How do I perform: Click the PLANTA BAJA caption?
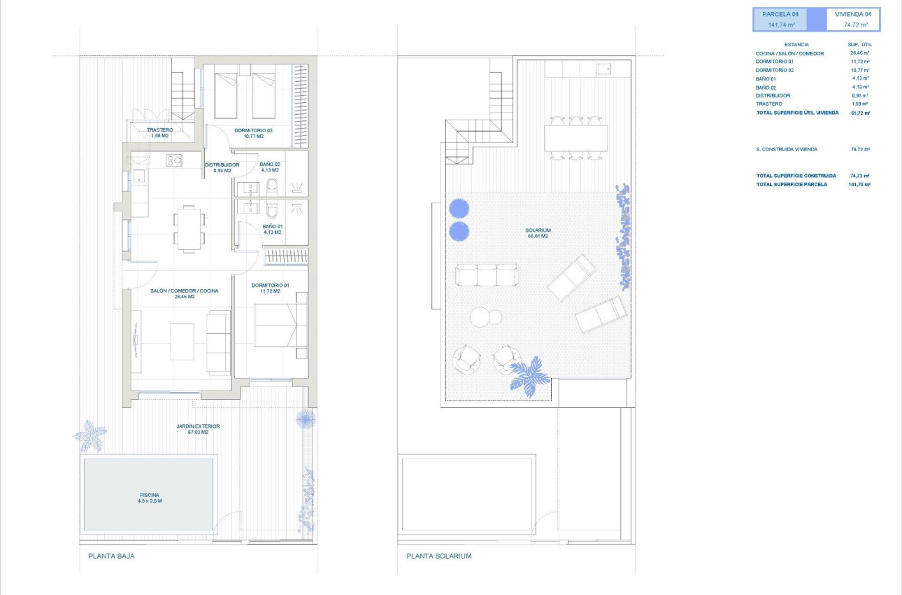(111, 556)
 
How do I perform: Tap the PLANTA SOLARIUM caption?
(439, 556)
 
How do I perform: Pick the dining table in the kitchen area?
(189, 228)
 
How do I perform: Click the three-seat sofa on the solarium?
(487, 274)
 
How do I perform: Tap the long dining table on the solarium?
(575, 138)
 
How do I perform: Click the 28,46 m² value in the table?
(859, 53)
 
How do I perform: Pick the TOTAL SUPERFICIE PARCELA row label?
(792, 184)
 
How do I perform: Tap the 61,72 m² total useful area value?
(859, 112)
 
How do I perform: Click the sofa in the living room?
(219, 342)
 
